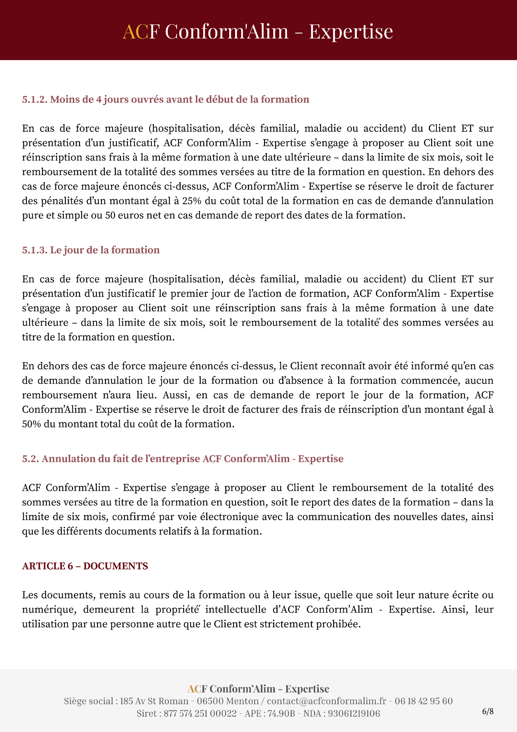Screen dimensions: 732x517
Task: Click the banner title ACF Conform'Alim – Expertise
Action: pos(258,31)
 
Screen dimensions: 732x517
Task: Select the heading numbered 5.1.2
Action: pos(165,99)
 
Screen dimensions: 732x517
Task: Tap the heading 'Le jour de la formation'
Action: pos(91,250)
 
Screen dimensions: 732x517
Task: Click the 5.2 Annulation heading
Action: pos(182,459)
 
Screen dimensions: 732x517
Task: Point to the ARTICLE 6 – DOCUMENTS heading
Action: pos(85,566)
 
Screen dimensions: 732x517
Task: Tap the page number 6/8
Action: pos(488,712)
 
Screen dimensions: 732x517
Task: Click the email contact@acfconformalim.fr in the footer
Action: pos(327,701)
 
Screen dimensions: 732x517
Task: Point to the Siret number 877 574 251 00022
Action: pos(200,713)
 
